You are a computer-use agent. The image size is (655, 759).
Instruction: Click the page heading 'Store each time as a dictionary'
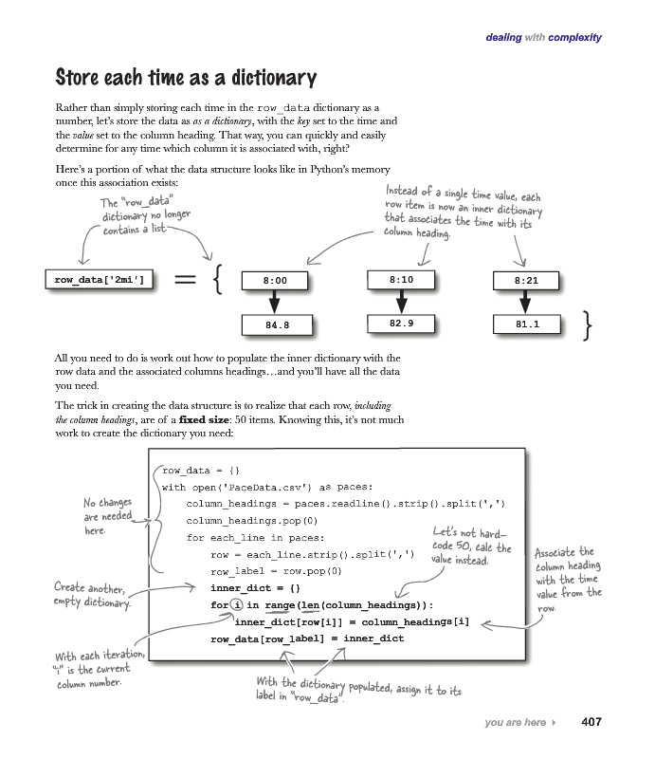pos(186,78)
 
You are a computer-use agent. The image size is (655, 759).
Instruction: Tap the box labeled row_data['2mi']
pos(100,280)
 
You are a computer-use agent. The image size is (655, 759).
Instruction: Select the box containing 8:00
pos(275,281)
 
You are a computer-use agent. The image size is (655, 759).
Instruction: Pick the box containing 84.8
pos(277,325)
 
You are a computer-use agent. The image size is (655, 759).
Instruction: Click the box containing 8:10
pos(401,280)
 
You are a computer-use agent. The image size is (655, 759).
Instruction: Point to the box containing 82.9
pos(401,324)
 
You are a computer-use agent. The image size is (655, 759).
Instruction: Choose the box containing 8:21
pos(526,281)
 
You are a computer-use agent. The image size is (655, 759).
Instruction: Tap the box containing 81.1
pos(527,324)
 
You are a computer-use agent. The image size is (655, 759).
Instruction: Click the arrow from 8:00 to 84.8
pos(274,302)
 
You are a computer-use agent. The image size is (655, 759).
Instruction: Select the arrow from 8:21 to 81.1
pos(525,302)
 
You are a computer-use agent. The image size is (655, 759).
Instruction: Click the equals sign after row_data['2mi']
pos(185,279)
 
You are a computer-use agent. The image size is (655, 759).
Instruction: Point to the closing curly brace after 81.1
pos(588,325)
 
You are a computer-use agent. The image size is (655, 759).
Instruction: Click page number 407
pos(591,722)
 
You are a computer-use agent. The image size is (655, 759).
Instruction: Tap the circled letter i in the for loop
pos(237,604)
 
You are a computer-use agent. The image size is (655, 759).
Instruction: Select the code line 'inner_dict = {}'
pos(255,588)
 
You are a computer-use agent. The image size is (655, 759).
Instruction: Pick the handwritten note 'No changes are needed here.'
pos(107,516)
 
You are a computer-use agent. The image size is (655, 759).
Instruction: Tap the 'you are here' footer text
pos(516,722)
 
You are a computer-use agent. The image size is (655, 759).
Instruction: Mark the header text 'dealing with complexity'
pos(544,37)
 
